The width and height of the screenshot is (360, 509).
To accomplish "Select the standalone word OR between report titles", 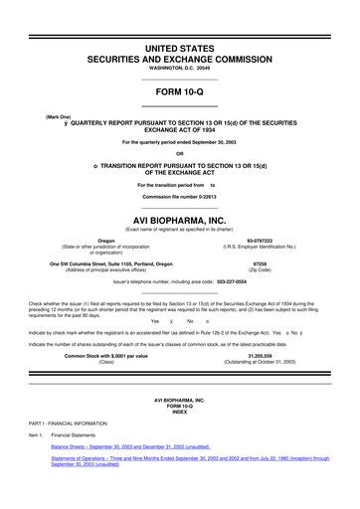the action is pos(179,153).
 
